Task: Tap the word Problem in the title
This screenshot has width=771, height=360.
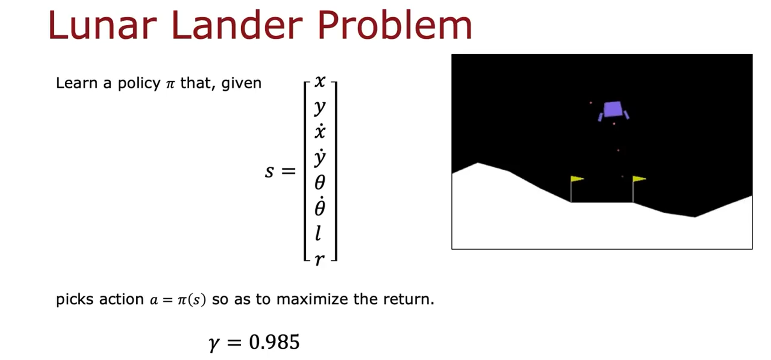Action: tap(394, 25)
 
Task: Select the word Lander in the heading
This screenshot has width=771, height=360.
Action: tap(237, 25)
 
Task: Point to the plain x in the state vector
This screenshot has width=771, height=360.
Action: tap(320, 82)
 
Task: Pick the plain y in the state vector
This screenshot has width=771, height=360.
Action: tap(320, 107)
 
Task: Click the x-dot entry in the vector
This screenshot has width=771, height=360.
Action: tap(320, 132)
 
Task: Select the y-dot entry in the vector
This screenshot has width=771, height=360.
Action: tap(320, 158)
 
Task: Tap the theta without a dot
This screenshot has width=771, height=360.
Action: tap(320, 182)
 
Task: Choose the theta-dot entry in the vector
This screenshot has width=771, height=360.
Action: tap(320, 207)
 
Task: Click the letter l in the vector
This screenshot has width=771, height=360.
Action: tap(318, 233)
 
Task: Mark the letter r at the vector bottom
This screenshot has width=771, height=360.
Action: tap(319, 259)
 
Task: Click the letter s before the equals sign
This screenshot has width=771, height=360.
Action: tap(270, 171)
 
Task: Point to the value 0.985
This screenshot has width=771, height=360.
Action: tap(274, 342)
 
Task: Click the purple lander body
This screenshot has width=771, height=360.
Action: tap(613, 109)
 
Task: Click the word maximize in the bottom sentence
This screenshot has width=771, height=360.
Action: tap(312, 299)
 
